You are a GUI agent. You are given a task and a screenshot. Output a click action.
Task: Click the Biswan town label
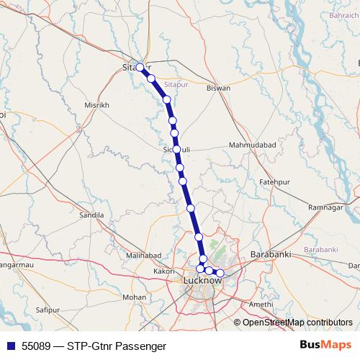pos(218,88)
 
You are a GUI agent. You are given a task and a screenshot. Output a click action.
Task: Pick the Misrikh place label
pos(96,104)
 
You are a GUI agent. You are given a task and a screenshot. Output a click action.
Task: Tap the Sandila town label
pos(91,215)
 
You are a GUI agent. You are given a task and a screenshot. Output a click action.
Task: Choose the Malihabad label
pos(144,256)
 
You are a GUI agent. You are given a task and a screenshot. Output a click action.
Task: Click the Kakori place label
pos(164,271)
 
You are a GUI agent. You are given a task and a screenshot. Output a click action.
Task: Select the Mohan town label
pos(134,297)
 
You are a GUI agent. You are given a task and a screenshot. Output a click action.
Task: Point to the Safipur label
pos(46,310)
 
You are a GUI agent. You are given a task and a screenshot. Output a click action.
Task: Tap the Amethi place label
pos(260,304)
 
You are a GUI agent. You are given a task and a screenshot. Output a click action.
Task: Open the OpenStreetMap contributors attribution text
pos(297,322)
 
